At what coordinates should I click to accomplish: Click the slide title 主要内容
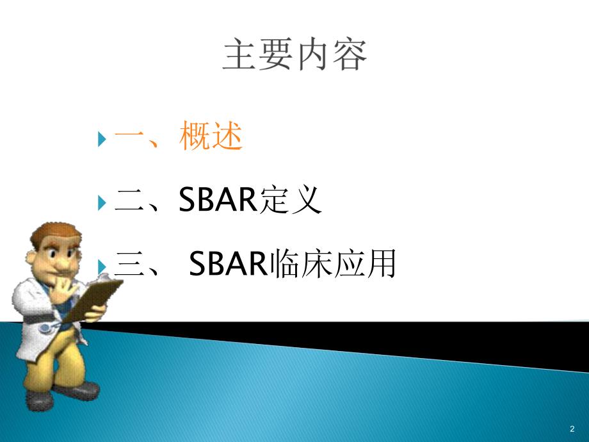click(294, 56)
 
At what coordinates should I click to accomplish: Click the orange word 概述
click(211, 137)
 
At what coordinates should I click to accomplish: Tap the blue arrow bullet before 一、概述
click(102, 138)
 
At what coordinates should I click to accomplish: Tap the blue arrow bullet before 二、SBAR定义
click(102, 202)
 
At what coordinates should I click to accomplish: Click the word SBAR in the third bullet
click(229, 265)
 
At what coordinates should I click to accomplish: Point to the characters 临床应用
click(333, 265)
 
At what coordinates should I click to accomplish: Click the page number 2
click(571, 428)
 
